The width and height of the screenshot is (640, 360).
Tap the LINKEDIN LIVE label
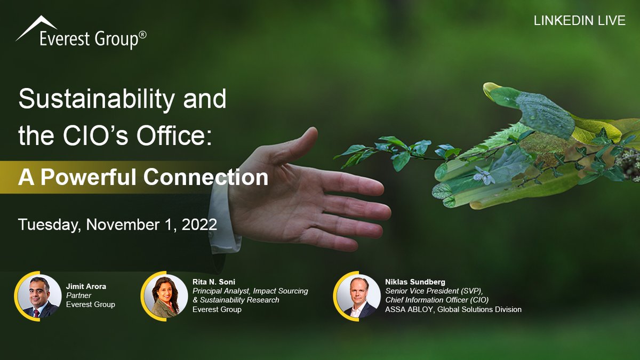[x=579, y=21]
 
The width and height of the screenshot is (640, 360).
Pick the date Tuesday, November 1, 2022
[x=117, y=224]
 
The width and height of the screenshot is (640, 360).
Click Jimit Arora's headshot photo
[x=39, y=296]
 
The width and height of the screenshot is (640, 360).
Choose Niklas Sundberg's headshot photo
[x=358, y=296]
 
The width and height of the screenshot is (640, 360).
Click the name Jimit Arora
[x=86, y=286]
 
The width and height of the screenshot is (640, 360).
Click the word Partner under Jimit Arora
[x=78, y=295]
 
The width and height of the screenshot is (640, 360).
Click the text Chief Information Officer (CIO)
[x=437, y=300]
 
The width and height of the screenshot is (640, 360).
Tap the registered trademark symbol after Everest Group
[x=142, y=35]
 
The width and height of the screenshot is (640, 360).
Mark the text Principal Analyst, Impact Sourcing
[x=250, y=291]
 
